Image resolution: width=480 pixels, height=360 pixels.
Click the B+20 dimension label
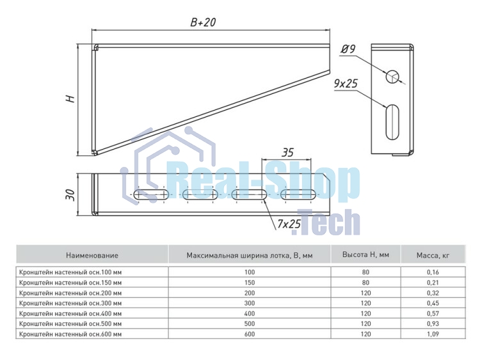pyautogui.click(x=203, y=22)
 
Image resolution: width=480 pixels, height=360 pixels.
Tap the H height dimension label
pyautogui.click(x=70, y=99)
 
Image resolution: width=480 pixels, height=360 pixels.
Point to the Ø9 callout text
pyautogui.click(x=348, y=49)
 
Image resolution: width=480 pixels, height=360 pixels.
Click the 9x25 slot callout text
pyautogui.click(x=346, y=83)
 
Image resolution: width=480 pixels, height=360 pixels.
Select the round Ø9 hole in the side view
pyautogui.click(x=392, y=76)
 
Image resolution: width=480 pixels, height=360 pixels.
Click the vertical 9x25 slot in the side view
pyautogui.click(x=392, y=122)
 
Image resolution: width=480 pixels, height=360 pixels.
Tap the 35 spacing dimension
pyautogui.click(x=287, y=153)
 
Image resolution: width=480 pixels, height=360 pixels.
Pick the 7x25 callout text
pyautogui.click(x=289, y=224)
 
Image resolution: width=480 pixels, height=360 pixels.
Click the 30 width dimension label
pyautogui.click(x=70, y=194)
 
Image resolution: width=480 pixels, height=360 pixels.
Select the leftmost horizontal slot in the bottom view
pyautogui.click(x=152, y=195)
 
